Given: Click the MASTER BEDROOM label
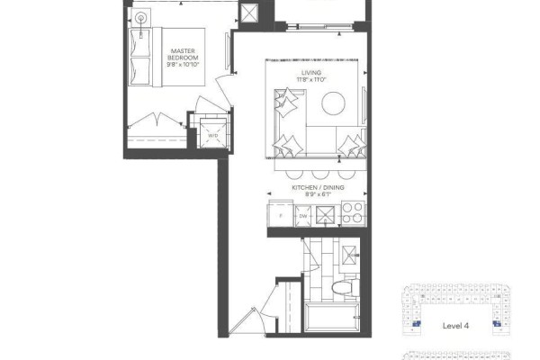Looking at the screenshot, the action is pyautogui.click(x=183, y=54).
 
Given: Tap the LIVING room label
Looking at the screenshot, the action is pyautogui.click(x=311, y=73).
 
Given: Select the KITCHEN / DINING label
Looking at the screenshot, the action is pyautogui.click(x=318, y=188).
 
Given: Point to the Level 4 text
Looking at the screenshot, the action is pyautogui.click(x=455, y=326).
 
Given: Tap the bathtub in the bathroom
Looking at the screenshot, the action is pyautogui.click(x=332, y=317).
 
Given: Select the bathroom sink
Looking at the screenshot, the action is pyautogui.click(x=350, y=255).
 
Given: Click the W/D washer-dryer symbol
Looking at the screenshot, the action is pyautogui.click(x=213, y=134).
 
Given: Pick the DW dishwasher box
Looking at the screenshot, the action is pyautogui.click(x=303, y=216).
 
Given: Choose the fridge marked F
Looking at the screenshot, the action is pyautogui.click(x=281, y=216).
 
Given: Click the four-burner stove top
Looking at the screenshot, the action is pyautogui.click(x=353, y=212).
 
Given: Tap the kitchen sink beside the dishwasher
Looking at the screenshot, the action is pyautogui.click(x=326, y=215).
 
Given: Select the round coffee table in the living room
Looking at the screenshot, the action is pyautogui.click(x=333, y=103).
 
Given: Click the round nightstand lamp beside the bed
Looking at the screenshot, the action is pyautogui.click(x=141, y=18).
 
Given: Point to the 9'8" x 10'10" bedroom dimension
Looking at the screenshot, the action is pyautogui.click(x=184, y=65).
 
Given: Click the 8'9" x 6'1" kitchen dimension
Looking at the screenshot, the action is pyautogui.click(x=318, y=194).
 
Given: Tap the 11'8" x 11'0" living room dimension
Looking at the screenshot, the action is pyautogui.click(x=311, y=79).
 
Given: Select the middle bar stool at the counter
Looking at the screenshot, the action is pyautogui.click(x=320, y=175).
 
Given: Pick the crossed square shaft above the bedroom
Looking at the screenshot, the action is pyautogui.click(x=248, y=13).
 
